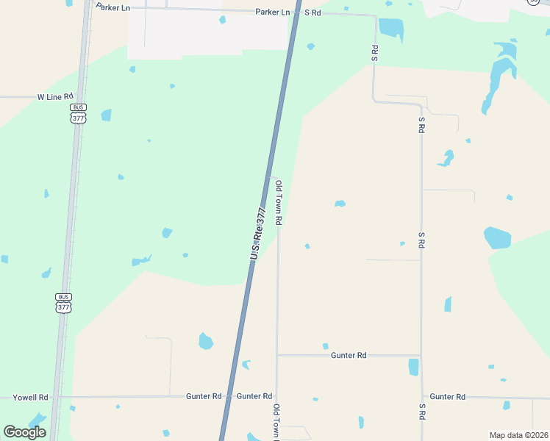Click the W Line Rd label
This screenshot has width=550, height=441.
(x=56, y=96)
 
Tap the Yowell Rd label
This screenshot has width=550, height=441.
(x=30, y=397)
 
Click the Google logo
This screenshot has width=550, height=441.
(x=24, y=432)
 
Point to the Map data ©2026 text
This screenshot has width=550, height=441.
(x=518, y=435)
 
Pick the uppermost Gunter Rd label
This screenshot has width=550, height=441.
(x=349, y=355)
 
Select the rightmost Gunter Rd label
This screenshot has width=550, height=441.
(x=447, y=397)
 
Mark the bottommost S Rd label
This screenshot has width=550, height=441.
(x=422, y=412)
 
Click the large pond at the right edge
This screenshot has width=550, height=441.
(x=497, y=237)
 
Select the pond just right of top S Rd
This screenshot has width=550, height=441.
(x=391, y=28)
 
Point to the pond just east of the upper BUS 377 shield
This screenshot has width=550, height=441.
(x=107, y=115)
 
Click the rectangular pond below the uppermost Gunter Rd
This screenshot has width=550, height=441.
(x=413, y=367)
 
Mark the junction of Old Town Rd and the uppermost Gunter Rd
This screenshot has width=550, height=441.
(x=277, y=355)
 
